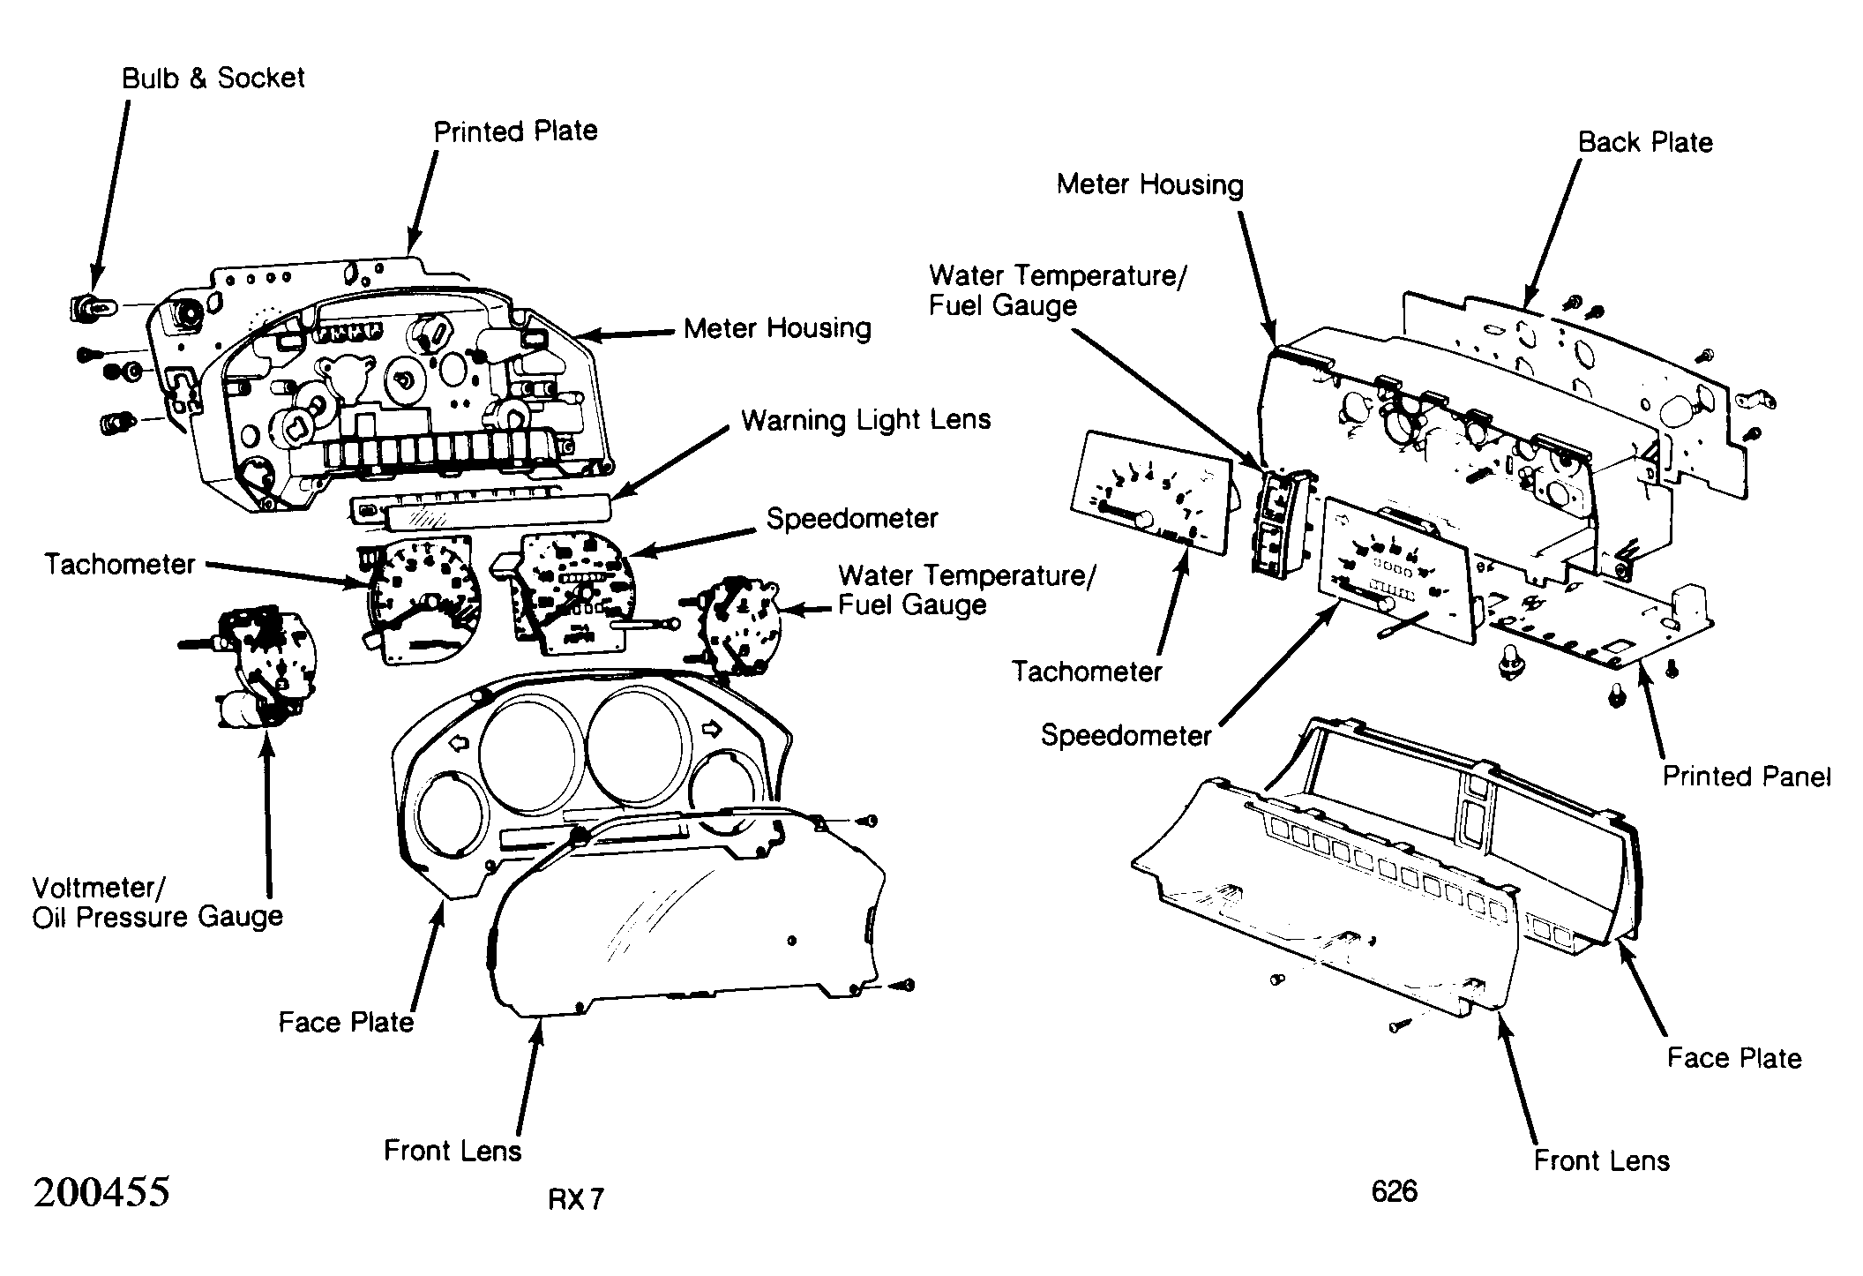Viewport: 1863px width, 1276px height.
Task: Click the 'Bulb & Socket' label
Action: (213, 79)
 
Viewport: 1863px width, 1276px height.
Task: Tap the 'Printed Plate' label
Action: (515, 131)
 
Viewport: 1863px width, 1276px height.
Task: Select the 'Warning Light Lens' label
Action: (866, 420)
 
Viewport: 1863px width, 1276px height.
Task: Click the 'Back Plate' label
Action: (1645, 143)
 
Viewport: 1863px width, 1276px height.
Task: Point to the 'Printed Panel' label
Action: (1747, 777)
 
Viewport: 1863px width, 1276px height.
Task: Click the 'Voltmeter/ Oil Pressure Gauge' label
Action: (158, 902)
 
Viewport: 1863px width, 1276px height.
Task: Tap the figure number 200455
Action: (101, 1193)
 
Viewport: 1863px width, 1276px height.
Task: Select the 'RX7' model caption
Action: (576, 1199)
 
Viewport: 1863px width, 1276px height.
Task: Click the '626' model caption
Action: (1395, 1192)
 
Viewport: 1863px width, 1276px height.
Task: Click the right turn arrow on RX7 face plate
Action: (711, 729)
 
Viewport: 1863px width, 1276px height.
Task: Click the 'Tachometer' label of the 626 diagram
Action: (1087, 672)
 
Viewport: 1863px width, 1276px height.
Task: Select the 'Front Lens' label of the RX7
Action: (453, 1151)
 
